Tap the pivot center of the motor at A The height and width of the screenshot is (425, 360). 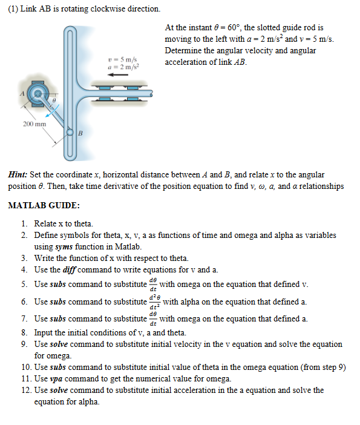click(39, 94)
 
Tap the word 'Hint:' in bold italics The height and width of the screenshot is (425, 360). click(19, 174)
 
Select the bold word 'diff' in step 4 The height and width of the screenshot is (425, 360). click(73, 269)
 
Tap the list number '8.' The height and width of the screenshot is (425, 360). click(25, 332)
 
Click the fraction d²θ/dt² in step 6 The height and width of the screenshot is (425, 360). click(154, 301)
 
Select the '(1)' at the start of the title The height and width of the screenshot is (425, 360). click(13, 10)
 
